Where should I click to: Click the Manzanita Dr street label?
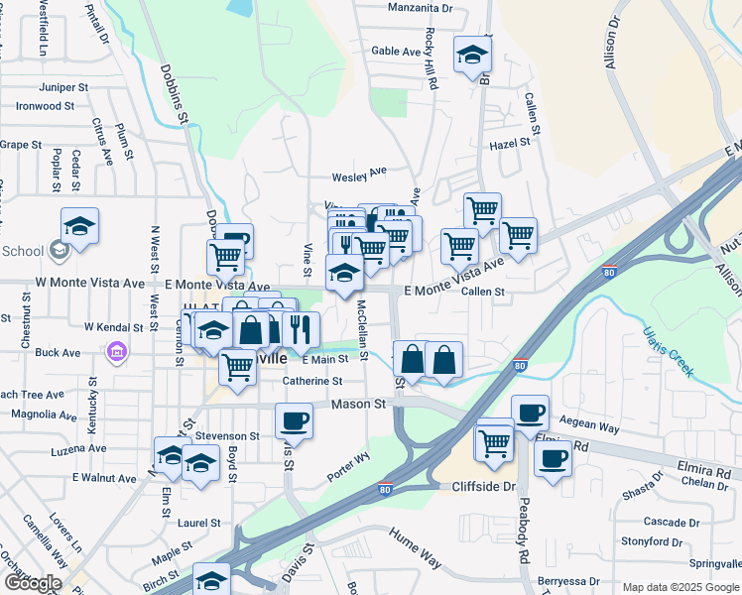coord(420,7)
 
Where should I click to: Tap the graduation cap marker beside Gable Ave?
coord(473,55)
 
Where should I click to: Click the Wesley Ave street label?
coord(358,175)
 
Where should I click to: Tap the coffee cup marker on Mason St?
coord(294,420)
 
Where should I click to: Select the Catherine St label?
coord(312,381)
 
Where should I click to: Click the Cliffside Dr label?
coord(480,487)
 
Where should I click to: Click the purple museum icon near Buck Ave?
coord(117,352)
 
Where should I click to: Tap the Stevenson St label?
coord(227,435)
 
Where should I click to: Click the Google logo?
coord(32,583)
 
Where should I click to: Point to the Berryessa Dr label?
coord(568,581)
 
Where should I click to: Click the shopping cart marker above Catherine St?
coord(238,367)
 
